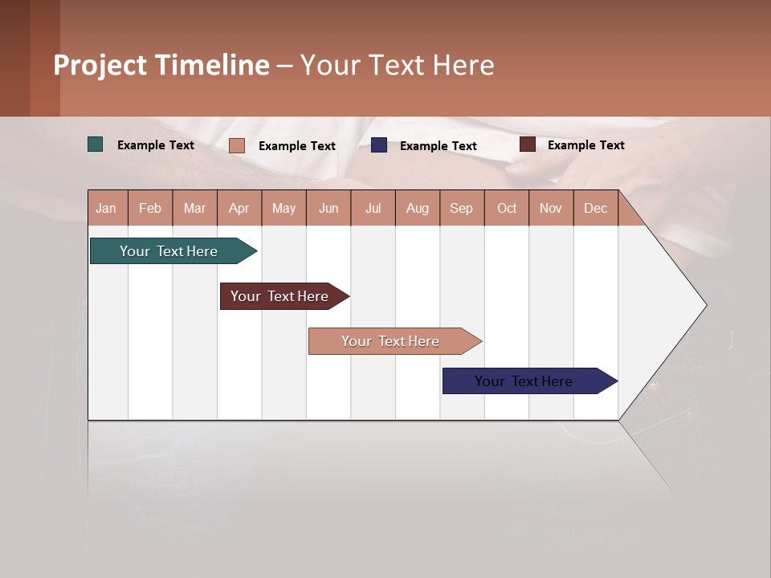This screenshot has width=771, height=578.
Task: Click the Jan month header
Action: (107, 208)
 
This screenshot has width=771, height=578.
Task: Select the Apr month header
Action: (239, 208)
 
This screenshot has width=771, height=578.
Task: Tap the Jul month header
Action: (373, 208)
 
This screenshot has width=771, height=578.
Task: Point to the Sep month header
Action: (462, 208)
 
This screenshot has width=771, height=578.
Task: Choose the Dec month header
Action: (595, 208)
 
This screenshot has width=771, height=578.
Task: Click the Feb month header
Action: (150, 208)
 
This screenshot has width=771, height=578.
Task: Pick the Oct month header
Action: (507, 208)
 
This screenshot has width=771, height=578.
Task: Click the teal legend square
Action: (96, 144)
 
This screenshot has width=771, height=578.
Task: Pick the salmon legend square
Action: (237, 145)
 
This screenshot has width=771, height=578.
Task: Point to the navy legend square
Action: (379, 145)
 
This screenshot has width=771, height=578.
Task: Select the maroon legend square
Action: (528, 144)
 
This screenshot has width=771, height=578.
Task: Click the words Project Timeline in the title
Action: (161, 65)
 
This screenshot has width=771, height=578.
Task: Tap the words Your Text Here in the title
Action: (398, 65)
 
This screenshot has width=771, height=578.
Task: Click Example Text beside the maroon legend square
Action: (585, 145)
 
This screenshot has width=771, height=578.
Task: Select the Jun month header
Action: (328, 208)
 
